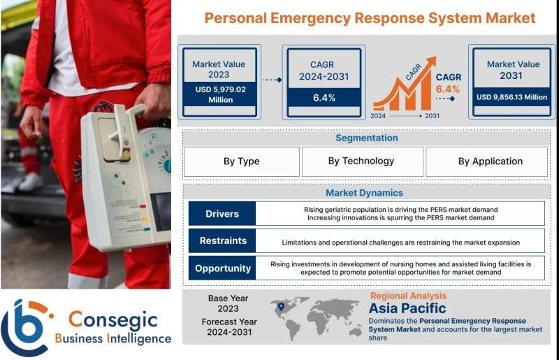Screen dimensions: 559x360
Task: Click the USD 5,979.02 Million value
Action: click(x=220, y=94)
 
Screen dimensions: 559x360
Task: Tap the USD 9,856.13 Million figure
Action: click(x=511, y=97)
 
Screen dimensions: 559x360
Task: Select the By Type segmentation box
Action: click(x=242, y=161)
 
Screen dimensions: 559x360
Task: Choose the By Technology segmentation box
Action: click(x=362, y=161)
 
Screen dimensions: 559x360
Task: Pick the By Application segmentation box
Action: click(x=486, y=161)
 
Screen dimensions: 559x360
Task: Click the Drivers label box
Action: click(x=222, y=213)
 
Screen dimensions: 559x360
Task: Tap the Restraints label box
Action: click(x=222, y=241)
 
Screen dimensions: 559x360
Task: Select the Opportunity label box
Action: click(x=222, y=268)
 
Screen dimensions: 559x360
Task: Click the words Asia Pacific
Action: click(x=407, y=308)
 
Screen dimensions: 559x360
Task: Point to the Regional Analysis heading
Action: click(x=408, y=296)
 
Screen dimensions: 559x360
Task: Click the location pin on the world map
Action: click(x=281, y=306)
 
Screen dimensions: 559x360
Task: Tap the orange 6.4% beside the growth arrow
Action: click(x=447, y=89)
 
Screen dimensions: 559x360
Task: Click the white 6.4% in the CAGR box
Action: click(x=324, y=98)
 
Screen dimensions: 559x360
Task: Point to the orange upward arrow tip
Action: click(x=435, y=57)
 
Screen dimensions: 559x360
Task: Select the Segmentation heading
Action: click(x=366, y=138)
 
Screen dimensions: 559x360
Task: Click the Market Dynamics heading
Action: click(x=364, y=193)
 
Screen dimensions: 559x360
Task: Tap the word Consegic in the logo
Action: click(x=112, y=319)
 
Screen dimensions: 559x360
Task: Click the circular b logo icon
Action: click(x=26, y=327)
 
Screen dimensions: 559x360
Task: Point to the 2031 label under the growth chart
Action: click(x=432, y=116)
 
